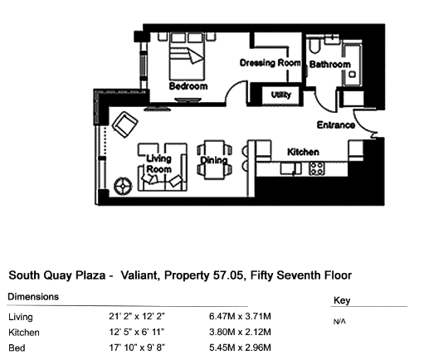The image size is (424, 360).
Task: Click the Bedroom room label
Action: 188,86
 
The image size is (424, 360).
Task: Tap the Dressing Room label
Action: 270,63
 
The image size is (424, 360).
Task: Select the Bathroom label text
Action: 330,65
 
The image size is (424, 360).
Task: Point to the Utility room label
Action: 280,95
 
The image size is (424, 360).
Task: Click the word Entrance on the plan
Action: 336,125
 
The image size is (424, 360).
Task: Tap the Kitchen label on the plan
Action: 303,152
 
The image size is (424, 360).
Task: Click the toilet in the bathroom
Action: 314,46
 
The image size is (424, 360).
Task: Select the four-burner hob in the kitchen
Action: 317,168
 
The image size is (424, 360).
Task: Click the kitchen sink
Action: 290,168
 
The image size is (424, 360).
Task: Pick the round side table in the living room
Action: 123,186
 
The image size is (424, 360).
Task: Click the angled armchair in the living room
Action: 125,124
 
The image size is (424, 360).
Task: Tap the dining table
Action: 214,160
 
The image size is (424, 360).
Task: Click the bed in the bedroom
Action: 188,56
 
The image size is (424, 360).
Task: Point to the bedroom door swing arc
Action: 234,87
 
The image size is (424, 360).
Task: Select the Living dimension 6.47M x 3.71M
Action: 240,316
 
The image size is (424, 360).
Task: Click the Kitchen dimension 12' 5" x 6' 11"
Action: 137,332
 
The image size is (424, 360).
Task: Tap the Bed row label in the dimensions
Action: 17,348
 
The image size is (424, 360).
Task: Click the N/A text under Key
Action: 339,322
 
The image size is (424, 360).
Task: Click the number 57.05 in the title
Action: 228,275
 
